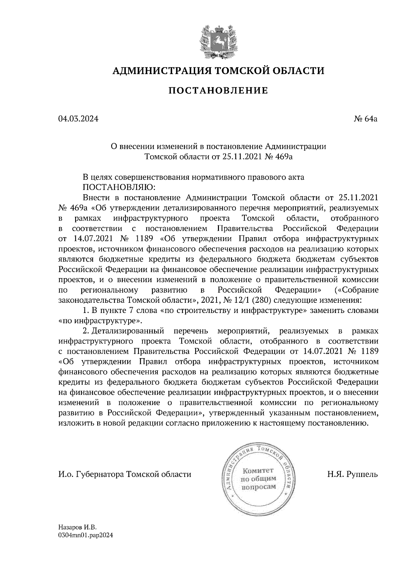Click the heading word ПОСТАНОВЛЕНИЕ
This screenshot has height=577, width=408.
pyautogui.click(x=218, y=91)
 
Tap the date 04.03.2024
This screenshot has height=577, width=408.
pyautogui.click(x=78, y=119)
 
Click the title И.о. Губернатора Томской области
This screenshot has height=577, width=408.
pyautogui.click(x=125, y=474)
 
